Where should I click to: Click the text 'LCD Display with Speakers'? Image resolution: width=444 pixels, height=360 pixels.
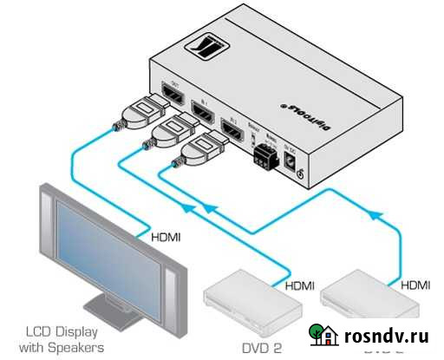(64, 339)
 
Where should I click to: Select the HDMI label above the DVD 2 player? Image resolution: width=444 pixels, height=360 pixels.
(300, 284)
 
